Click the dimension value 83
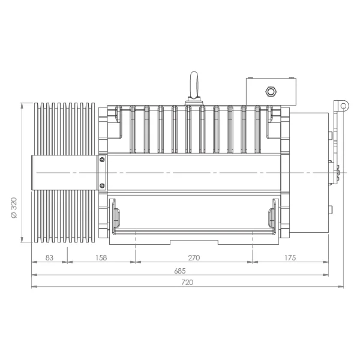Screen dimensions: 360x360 tap(49, 258)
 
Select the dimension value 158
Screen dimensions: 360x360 tap(101, 258)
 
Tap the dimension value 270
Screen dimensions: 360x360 tap(194, 258)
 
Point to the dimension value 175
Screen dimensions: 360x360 tap(290, 258)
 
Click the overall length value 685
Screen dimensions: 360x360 tap(180, 271)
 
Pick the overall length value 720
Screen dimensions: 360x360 tap(187, 283)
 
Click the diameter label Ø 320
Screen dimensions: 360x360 tap(14, 208)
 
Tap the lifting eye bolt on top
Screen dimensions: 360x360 tap(194, 86)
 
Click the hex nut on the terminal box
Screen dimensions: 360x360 tap(271, 91)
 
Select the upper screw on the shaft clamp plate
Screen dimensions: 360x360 tap(102, 159)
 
